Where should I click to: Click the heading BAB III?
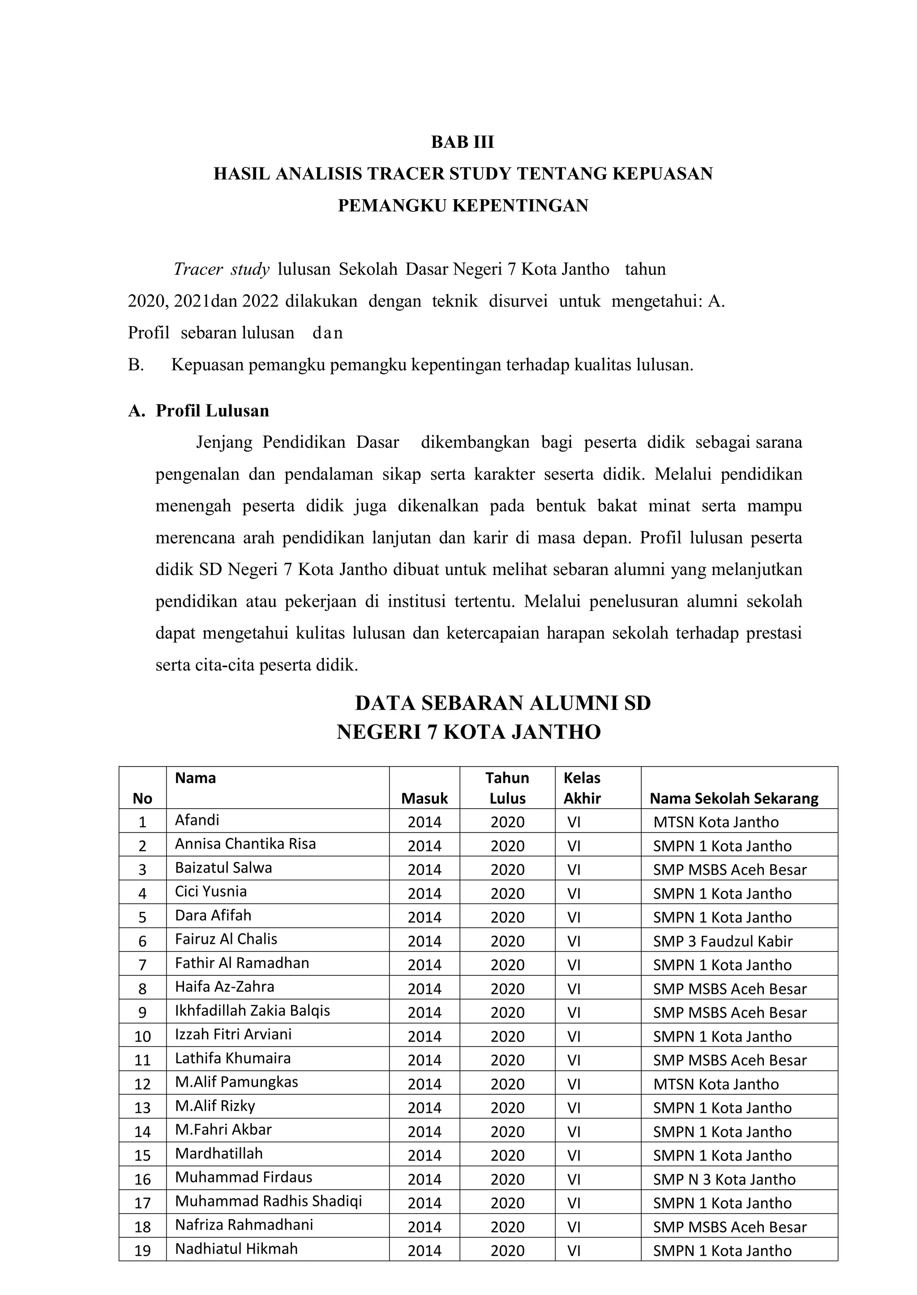pyautogui.click(x=463, y=142)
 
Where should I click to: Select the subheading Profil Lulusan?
pyautogui.click(x=212, y=411)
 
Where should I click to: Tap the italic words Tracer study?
pyautogui.click(x=221, y=270)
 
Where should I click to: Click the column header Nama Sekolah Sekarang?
pyautogui.click(x=733, y=798)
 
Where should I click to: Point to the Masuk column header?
pyautogui.click(x=424, y=798)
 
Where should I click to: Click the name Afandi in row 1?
pyautogui.click(x=197, y=819)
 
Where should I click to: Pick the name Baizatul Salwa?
pyautogui.click(x=223, y=867)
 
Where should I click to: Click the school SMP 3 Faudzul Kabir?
pyautogui.click(x=723, y=941)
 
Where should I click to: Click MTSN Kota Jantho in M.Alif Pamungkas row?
pyautogui.click(x=716, y=1085)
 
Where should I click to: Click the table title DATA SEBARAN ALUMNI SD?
pyautogui.click(x=502, y=703)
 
